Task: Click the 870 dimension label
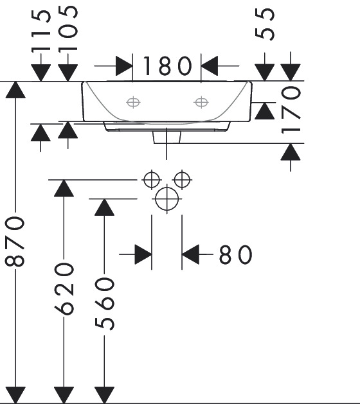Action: click(15, 241)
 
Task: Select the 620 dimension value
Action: click(64, 289)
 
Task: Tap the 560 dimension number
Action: click(104, 304)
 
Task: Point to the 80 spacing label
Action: click(235, 254)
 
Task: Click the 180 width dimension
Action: click(167, 66)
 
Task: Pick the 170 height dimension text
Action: click(291, 110)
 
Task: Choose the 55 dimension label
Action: click(265, 24)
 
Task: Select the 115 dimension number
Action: click(41, 31)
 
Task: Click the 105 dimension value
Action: click(68, 29)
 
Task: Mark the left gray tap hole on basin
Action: click(133, 102)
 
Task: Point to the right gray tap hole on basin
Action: click(201, 102)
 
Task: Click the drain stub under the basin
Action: click(167, 137)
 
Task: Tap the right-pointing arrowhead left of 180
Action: click(124, 66)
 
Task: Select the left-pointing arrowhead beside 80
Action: click(190, 254)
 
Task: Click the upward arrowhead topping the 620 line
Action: click(64, 188)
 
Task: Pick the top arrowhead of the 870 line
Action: click(15, 90)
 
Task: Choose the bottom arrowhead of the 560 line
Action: click(104, 395)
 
